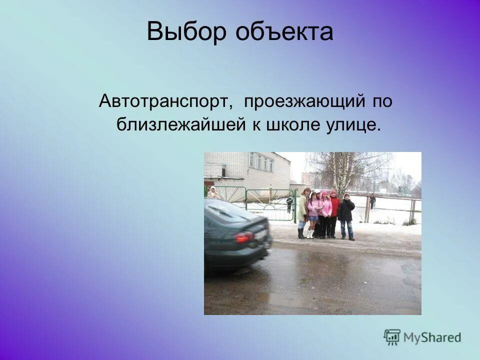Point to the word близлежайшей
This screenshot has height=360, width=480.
click(x=180, y=124)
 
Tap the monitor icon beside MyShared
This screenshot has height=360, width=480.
click(x=392, y=337)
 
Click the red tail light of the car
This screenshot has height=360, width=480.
click(x=245, y=237)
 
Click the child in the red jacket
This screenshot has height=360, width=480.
click(x=334, y=213)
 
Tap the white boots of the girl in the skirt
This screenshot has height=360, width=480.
click(x=311, y=233)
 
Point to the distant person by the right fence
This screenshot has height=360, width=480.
click(x=372, y=201)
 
